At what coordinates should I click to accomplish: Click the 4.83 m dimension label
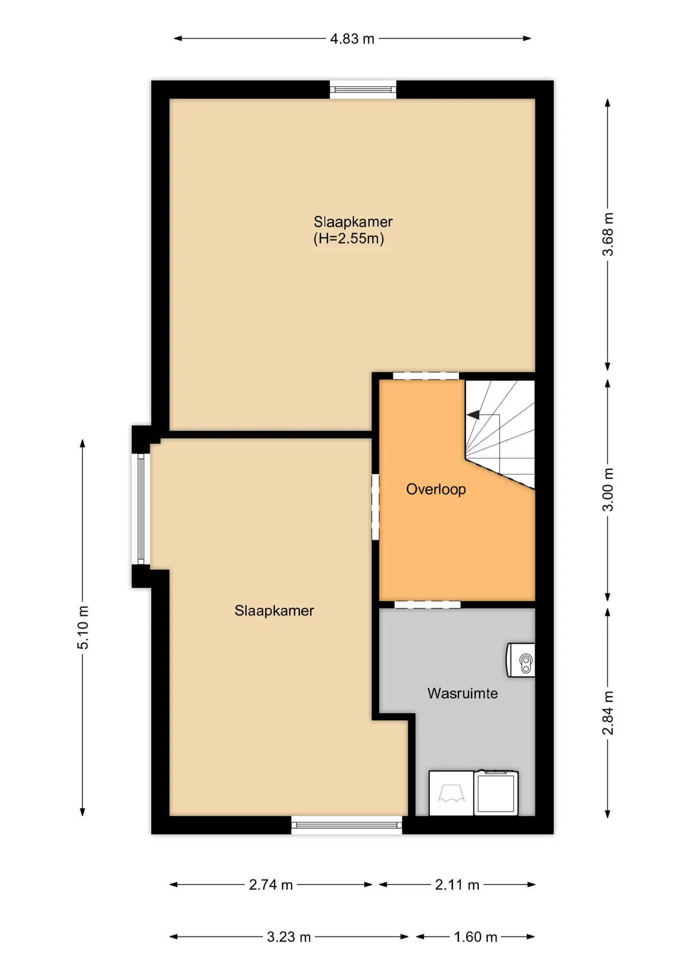352,39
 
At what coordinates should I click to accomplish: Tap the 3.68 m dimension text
608,235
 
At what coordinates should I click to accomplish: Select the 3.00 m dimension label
608,490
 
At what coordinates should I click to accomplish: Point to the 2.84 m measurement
608,713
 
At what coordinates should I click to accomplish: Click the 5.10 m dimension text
83,627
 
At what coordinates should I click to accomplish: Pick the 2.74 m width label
271,885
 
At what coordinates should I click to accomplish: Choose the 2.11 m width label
457,885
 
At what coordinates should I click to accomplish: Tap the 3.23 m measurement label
289,937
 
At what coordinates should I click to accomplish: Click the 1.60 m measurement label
476,937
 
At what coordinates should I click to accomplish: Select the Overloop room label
436,489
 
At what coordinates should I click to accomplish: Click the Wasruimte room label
462,693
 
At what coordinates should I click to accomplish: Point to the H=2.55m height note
349,238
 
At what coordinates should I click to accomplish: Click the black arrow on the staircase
474,415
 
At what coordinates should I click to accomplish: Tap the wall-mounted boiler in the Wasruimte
520,660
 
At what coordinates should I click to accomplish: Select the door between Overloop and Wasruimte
427,604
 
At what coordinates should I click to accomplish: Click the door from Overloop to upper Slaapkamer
426,376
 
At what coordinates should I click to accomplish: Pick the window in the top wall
363,90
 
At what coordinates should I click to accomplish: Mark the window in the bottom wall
347,825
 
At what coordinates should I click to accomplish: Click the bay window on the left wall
141,509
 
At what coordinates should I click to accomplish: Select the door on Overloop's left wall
375,507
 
